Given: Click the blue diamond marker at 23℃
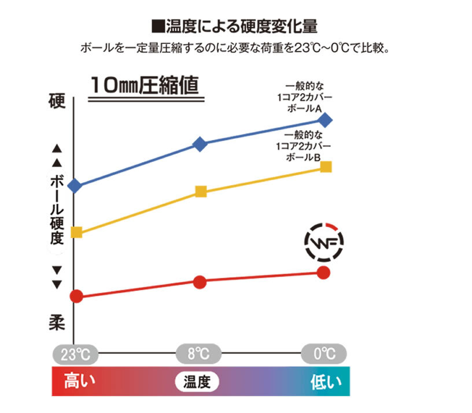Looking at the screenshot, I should (75, 186).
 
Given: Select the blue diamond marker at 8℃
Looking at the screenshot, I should (200, 144).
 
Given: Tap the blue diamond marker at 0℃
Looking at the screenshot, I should (325, 120).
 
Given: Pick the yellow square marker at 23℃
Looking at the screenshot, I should (76, 233).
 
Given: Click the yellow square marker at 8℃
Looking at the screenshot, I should (201, 191).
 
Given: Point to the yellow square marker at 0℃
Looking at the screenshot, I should (326, 167).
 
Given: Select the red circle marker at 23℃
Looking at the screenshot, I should (75, 297).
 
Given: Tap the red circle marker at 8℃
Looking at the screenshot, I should (200, 282).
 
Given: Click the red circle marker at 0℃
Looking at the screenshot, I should (324, 272).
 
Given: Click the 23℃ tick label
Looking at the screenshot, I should (75, 352).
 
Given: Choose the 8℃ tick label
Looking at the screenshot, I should (199, 352).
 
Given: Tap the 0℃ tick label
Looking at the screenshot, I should (325, 352).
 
